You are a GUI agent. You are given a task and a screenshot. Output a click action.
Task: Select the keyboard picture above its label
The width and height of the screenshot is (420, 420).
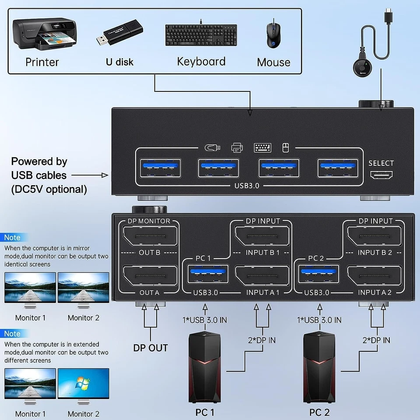201,35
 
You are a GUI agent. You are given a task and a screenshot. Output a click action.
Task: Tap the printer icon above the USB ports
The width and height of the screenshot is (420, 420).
237,148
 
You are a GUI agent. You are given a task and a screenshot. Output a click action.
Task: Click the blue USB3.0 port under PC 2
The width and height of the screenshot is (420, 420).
318,277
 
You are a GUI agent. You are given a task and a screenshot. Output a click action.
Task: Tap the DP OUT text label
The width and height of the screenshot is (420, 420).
150,348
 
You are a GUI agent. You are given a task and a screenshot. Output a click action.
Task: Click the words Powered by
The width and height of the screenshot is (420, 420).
39,161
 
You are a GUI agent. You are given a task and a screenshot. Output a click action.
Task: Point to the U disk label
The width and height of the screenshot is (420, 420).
119,62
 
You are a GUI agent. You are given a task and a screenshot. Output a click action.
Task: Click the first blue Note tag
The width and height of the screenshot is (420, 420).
12,238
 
